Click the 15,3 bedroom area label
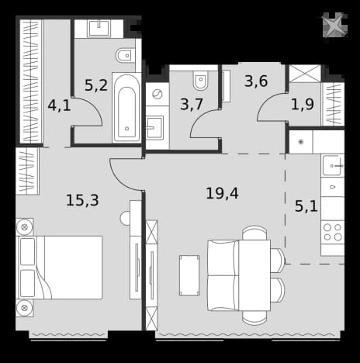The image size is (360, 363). [x=82, y=200]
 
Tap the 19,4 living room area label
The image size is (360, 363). [x=222, y=193]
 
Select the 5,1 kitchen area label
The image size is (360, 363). [x=306, y=206]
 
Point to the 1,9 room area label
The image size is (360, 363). [x=303, y=104]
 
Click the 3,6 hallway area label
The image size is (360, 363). [x=256, y=81]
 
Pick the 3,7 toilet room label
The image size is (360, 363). [x=192, y=105]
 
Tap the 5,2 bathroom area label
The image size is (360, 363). [x=96, y=85]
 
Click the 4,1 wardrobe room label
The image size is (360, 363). [x=59, y=105]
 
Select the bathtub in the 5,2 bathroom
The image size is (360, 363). [x=126, y=107]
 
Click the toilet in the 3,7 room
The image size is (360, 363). [x=201, y=79]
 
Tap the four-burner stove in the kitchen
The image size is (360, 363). [x=333, y=232]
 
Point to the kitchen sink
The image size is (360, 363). [x=333, y=165]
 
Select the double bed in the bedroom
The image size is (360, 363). [x=59, y=268]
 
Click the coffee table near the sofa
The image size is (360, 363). [x=189, y=275]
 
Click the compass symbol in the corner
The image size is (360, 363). [x=334, y=26]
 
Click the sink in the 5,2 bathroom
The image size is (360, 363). [x=99, y=29]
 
